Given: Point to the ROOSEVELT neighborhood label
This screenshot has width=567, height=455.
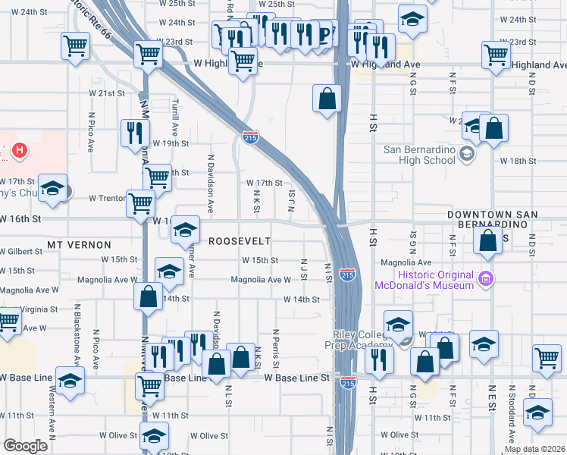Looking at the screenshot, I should click(240, 240).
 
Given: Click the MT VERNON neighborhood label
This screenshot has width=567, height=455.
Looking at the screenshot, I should click(79, 245).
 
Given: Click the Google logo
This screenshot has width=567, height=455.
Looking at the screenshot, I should click(25, 446).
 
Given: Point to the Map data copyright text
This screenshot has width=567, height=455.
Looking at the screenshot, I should click(534, 449).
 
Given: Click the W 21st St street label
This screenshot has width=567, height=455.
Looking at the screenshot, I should click(106, 93).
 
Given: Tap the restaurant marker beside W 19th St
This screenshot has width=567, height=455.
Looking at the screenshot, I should click(135, 133).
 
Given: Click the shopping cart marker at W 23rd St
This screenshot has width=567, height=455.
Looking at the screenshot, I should click(149, 54).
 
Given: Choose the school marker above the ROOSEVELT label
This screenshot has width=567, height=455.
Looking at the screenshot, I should click(184, 231).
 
